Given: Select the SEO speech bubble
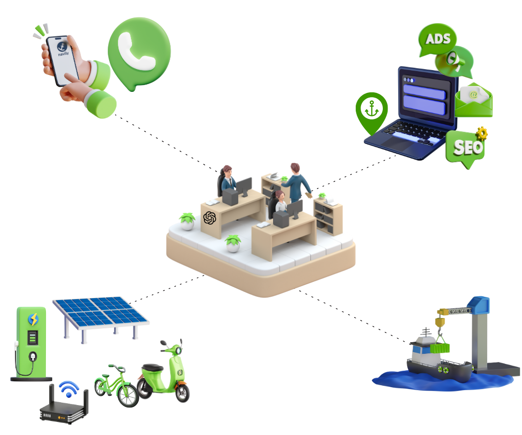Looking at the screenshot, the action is pyautogui.click(x=465, y=147).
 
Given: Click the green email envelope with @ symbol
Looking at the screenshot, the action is pyautogui.click(x=474, y=99).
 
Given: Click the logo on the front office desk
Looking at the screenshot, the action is pyautogui.click(x=209, y=218).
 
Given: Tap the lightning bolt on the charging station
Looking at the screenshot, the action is pyautogui.click(x=33, y=319).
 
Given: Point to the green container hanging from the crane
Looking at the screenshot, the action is pyautogui.click(x=440, y=348).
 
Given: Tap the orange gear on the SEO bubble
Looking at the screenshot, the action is pyautogui.click(x=481, y=132).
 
